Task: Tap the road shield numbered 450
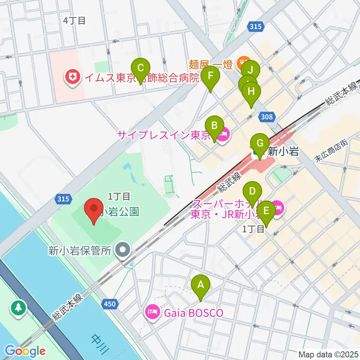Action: coord(110,304)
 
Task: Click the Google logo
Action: coord(25,351)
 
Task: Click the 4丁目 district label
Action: coord(74,20)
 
